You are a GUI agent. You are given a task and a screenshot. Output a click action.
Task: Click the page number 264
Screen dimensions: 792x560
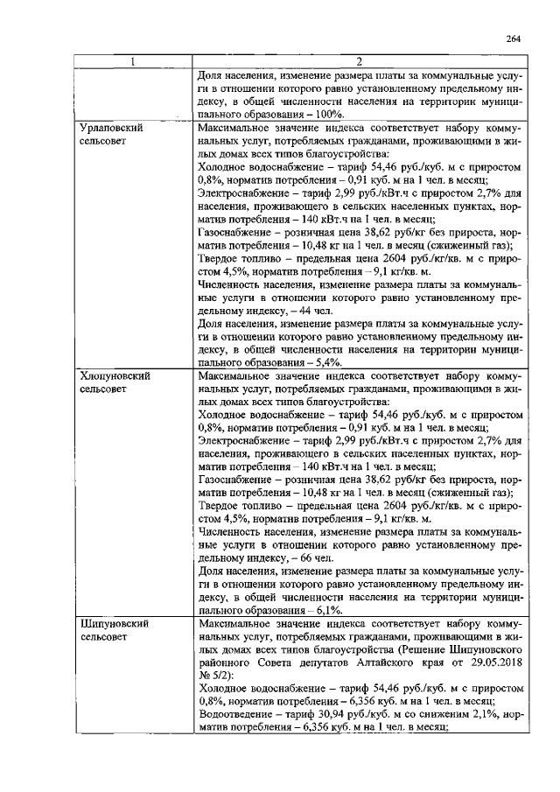(x=514, y=39)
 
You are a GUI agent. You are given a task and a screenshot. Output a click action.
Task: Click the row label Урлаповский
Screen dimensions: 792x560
(x=111, y=127)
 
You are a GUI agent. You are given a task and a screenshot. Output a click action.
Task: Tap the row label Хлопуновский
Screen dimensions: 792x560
(x=115, y=374)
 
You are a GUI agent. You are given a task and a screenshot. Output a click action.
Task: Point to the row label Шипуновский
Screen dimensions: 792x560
(x=113, y=625)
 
